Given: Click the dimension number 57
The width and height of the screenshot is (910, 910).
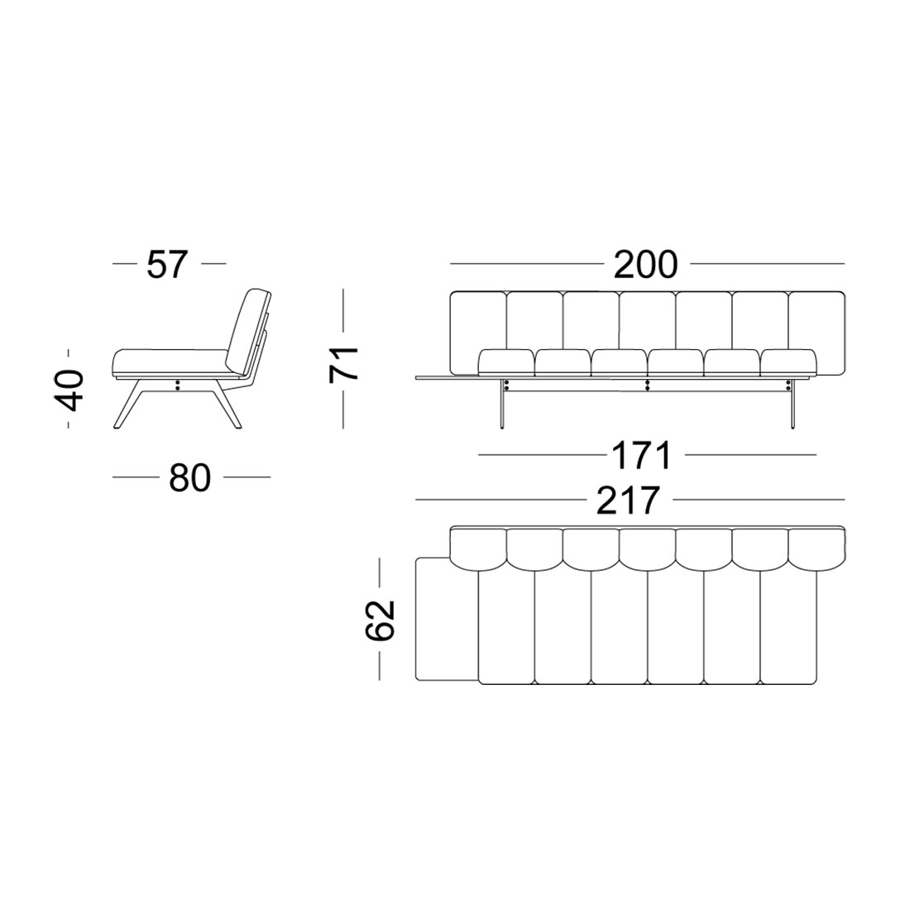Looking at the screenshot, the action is click(168, 265).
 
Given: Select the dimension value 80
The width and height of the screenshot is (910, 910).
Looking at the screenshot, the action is click(189, 479).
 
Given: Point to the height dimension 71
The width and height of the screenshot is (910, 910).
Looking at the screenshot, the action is click(343, 364).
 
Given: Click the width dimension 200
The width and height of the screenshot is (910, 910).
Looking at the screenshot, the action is click(645, 265).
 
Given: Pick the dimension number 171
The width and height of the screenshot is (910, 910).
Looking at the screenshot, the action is click(641, 456).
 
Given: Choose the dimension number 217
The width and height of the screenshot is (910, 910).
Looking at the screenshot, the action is click(628, 500).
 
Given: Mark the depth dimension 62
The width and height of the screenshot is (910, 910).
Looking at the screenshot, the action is click(381, 620).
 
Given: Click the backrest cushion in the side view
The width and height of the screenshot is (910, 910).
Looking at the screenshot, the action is click(249, 329).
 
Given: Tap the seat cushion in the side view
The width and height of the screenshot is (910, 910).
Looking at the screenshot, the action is click(170, 362).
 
